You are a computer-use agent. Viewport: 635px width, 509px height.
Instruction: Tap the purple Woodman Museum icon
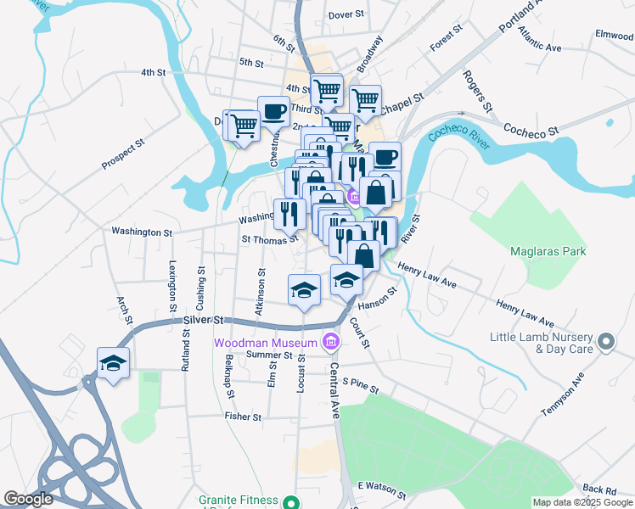pyautogui.click(x=330, y=343)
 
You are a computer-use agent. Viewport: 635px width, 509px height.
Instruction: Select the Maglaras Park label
pyautogui.click(x=548, y=251)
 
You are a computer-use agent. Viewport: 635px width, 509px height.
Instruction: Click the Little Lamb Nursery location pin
pyautogui.click(x=605, y=342)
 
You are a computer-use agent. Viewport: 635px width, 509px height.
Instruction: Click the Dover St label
pyautogui.click(x=346, y=15)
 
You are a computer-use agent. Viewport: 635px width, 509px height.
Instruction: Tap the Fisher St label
pyautogui.click(x=243, y=417)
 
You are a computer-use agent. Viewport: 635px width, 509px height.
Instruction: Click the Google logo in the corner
pyautogui.click(x=28, y=499)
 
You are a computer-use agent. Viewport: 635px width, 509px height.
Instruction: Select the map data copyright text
pyautogui.click(x=582, y=502)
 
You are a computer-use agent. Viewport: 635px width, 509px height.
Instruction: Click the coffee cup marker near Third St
pyautogui.click(x=273, y=110)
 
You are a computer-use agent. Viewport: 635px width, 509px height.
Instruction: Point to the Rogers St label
pyautogui.click(x=477, y=90)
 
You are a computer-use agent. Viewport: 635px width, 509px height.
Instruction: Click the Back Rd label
pyautogui.click(x=598, y=490)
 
